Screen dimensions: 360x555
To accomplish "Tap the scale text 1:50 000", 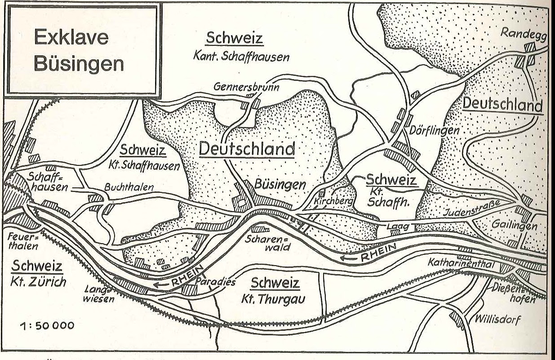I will pyautogui.click(x=46, y=326).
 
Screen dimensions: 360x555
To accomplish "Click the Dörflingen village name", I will pyautogui.click(x=434, y=130).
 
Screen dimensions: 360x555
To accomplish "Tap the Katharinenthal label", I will pyautogui.click(x=460, y=262).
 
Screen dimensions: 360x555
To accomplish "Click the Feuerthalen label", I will pyautogui.click(x=23, y=241).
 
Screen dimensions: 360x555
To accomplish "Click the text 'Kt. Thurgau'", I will pyautogui.click(x=275, y=298).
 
